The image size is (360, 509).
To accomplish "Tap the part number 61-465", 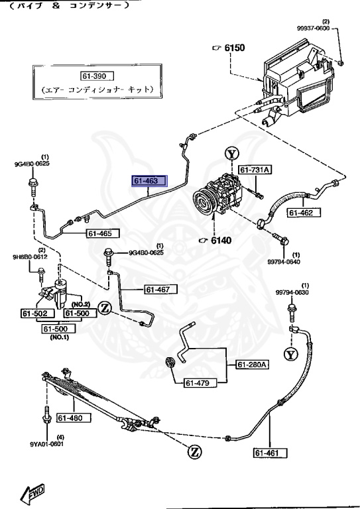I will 103,233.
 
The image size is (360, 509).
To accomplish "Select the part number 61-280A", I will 252,364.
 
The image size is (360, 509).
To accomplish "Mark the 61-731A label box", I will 255,170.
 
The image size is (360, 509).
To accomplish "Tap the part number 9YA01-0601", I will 46,444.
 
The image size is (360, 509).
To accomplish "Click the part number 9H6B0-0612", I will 29,256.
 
